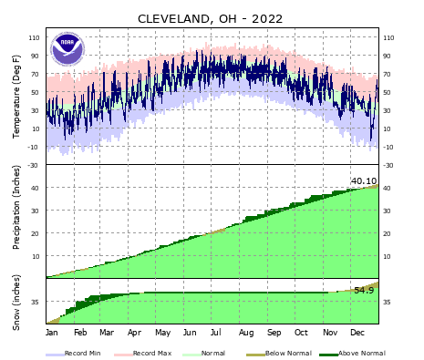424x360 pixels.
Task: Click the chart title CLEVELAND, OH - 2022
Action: point(210,18)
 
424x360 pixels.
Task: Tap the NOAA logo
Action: point(67,48)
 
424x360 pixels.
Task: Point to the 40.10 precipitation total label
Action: point(363,180)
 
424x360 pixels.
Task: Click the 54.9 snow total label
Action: point(363,290)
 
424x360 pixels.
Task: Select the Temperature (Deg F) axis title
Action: point(16,97)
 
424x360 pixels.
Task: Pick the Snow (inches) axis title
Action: point(16,301)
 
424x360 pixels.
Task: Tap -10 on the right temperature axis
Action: point(388,147)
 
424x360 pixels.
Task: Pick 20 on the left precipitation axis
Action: point(36,233)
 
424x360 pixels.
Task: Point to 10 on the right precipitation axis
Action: point(387,256)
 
